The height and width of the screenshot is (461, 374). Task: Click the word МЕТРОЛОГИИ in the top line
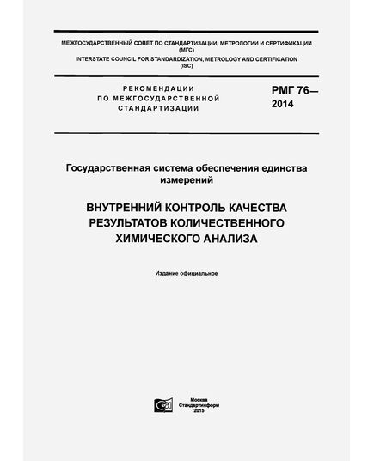click(x=230, y=42)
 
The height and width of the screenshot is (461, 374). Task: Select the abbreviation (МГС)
click(x=187, y=50)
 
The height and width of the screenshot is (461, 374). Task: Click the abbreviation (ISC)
click(x=187, y=67)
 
